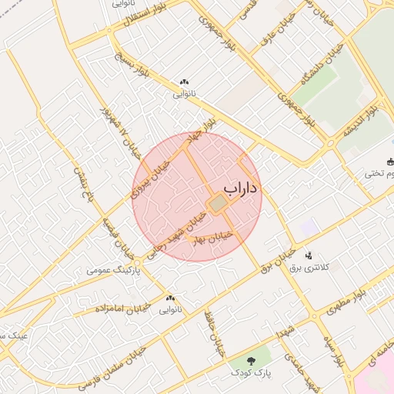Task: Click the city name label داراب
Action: [242, 188]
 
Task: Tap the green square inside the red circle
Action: [218, 203]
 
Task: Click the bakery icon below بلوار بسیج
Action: [183, 82]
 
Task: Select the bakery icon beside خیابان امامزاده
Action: [169, 298]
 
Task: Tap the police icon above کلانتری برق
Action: [309, 255]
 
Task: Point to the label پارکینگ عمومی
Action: [112, 271]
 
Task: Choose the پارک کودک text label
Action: [251, 372]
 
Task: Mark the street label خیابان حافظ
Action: [214, 332]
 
